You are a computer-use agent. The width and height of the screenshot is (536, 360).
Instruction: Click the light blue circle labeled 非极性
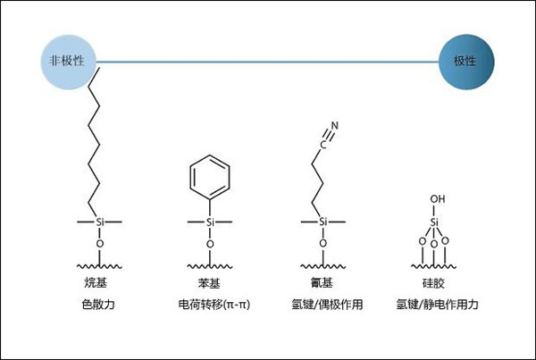pos(68,62)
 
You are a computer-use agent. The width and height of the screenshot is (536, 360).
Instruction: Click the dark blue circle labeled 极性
pos(466,62)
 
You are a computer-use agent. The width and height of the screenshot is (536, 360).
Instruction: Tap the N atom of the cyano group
pos(335,126)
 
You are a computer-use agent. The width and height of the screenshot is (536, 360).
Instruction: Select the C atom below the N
pos(322,145)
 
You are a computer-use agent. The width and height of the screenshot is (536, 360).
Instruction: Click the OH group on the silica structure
pos(438,198)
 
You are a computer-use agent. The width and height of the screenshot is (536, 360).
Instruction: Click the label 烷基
pos(96,283)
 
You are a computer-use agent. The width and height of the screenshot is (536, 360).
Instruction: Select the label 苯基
pos(209,283)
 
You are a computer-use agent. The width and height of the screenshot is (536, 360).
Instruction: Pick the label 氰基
pos(322,283)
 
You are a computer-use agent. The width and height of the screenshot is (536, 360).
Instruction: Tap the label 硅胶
pos(433,283)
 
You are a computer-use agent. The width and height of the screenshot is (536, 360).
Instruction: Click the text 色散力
pos(98,304)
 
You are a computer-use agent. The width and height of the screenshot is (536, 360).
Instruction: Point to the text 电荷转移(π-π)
pos(214,304)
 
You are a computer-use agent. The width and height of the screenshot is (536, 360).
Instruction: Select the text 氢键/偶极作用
pos(327,304)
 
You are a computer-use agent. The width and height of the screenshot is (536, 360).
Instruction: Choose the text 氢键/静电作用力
pos(437,304)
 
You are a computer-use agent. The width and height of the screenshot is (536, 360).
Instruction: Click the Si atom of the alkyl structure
pos(99,222)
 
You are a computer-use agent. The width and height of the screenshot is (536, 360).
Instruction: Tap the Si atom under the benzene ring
pos(210,222)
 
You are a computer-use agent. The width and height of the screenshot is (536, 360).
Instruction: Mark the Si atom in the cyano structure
pos(323,222)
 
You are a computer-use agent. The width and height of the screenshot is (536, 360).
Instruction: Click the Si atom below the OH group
pos(434,222)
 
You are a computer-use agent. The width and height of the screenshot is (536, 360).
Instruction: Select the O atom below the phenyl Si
pos(210,244)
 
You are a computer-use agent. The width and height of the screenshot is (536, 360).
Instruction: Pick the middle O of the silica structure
pos(434,244)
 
